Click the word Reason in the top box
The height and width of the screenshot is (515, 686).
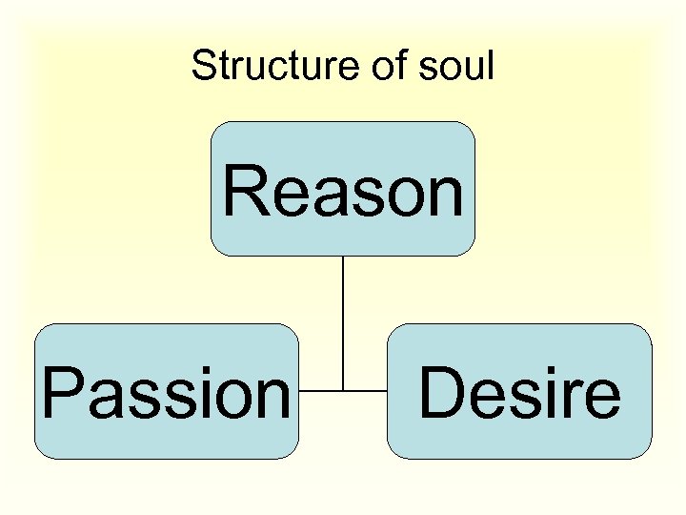343,190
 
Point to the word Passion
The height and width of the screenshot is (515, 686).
166,393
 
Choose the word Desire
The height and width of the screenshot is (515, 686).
519,393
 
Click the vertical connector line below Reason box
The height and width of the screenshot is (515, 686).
343,315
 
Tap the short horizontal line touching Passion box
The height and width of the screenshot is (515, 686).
320,390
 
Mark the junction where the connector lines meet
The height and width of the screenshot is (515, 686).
343,390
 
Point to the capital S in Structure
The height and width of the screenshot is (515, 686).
203,66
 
